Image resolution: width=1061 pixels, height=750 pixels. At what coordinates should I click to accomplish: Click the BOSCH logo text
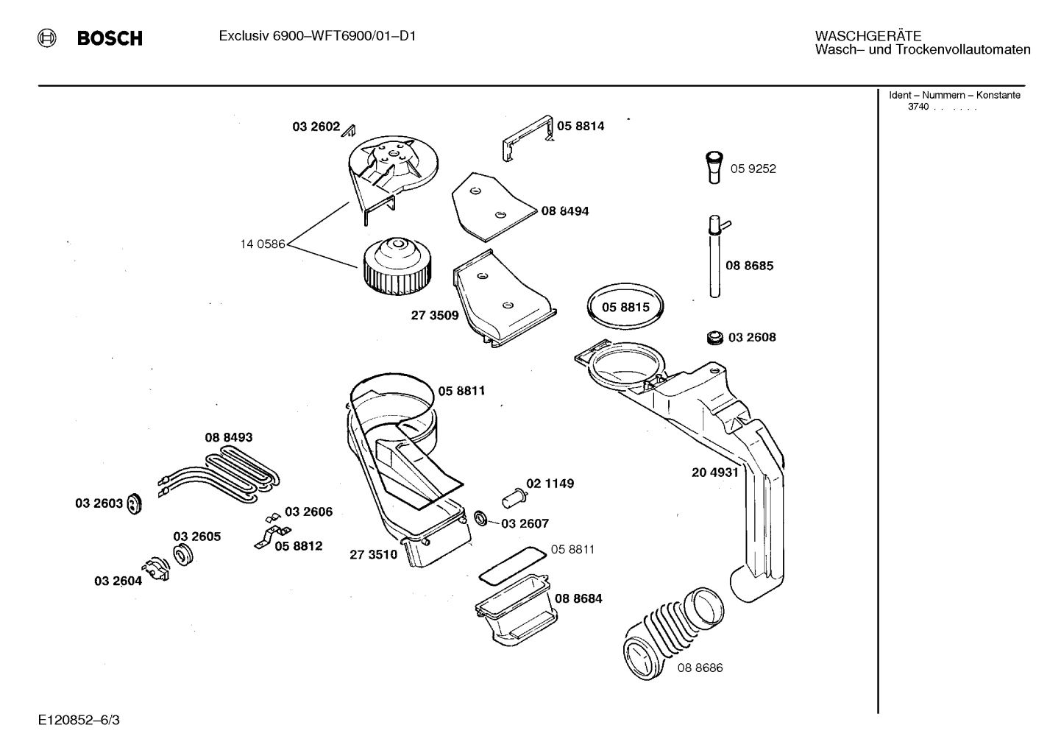tap(110, 38)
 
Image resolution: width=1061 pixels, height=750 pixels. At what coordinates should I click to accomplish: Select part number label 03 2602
tap(316, 127)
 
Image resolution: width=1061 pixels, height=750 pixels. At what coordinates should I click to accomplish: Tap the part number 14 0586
tap(262, 244)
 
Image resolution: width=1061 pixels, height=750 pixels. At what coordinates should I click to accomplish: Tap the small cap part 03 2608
tap(713, 337)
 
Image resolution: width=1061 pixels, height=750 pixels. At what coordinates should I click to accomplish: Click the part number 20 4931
tap(714, 473)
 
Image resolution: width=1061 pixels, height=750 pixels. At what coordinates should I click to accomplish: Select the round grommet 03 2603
tap(134, 504)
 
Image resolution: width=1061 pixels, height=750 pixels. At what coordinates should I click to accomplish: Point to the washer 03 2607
tap(480, 518)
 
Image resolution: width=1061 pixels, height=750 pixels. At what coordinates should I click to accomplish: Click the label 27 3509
tap(434, 316)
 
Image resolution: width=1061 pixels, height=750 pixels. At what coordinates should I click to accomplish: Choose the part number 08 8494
tap(564, 211)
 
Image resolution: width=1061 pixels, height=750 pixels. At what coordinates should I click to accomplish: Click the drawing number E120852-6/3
tap(79, 720)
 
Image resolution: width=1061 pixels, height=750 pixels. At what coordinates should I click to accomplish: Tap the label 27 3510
tap(373, 554)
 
